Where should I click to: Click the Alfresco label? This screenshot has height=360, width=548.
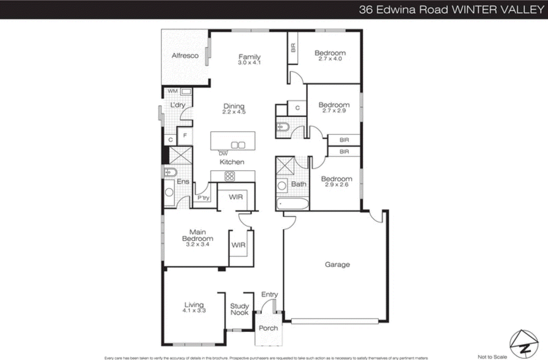pyautogui.click(x=185, y=55)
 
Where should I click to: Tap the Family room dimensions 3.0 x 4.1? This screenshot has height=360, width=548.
pyautogui.click(x=249, y=63)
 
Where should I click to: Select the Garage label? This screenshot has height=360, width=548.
pyautogui.click(x=337, y=265)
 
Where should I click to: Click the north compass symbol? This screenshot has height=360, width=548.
pyautogui.click(x=524, y=344)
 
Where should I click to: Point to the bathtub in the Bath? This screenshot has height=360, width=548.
pyautogui.click(x=292, y=204)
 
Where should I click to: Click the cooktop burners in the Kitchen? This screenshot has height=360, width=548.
pyautogui.click(x=229, y=176)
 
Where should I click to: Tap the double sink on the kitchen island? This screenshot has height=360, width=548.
pyautogui.click(x=238, y=145)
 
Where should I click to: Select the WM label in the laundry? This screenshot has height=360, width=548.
pyautogui.click(x=173, y=91)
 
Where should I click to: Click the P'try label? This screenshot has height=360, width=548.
pyautogui.click(x=203, y=198)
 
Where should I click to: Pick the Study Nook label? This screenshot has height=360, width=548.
pyautogui.click(x=239, y=309)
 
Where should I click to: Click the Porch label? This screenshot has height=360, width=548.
pyautogui.click(x=268, y=328)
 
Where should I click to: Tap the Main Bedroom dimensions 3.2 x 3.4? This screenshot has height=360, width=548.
pyautogui.click(x=198, y=244)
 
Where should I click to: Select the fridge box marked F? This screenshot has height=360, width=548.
pyautogui.click(x=185, y=136)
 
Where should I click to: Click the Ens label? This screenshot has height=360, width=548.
pyautogui.click(x=183, y=182)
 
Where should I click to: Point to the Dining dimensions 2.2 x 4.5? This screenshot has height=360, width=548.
pyautogui.click(x=234, y=112)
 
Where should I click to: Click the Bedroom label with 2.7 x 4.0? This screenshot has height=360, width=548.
pyautogui.click(x=330, y=53)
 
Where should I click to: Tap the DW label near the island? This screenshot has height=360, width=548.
pyautogui.click(x=223, y=154)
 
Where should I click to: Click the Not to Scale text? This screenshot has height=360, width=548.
pyautogui.click(x=492, y=357)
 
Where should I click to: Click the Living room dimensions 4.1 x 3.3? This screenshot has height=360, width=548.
pyautogui.click(x=194, y=311)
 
